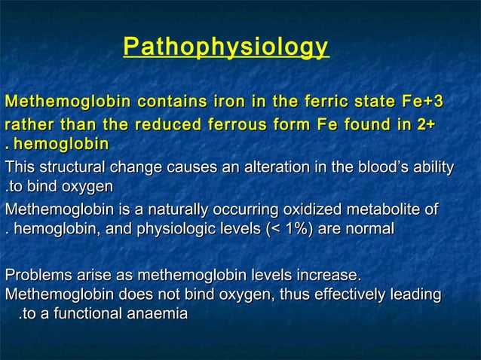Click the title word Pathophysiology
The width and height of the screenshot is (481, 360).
[226, 47]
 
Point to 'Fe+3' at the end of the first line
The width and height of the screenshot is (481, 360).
[422, 102]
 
